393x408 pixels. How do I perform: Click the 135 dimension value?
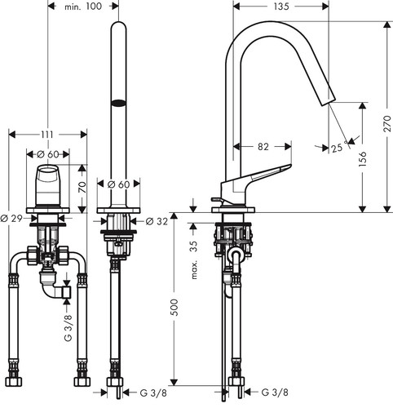(x=281, y=7)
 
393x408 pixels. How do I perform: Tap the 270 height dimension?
(x=386, y=124)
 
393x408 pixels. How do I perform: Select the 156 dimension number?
(x=362, y=158)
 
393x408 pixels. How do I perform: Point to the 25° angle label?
(x=339, y=147)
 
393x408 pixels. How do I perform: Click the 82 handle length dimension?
(x=263, y=147)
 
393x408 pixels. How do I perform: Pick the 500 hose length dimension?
(x=174, y=308)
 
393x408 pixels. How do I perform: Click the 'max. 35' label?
(x=194, y=260)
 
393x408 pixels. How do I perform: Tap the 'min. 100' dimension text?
(x=83, y=7)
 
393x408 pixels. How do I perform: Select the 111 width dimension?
(x=47, y=135)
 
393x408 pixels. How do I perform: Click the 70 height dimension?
(x=82, y=187)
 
